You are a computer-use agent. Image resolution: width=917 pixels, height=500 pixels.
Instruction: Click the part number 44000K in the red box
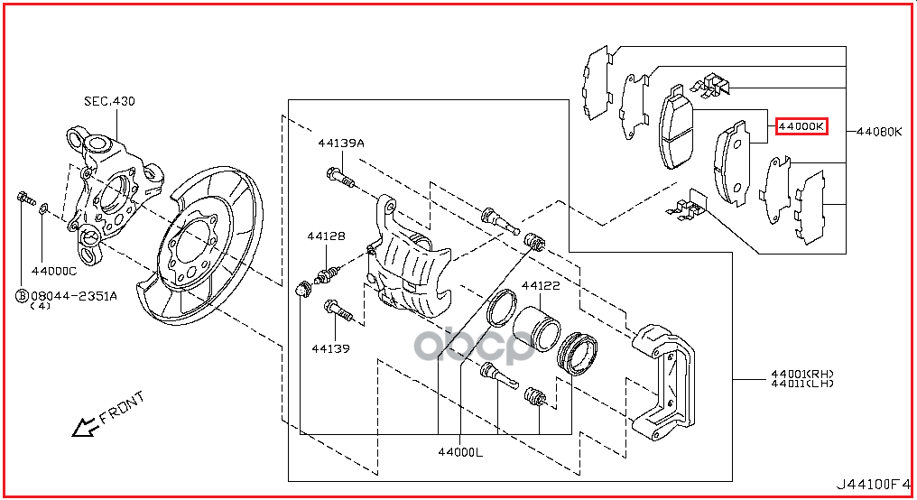[x=801, y=127]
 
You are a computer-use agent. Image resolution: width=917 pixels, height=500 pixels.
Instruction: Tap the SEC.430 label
[x=109, y=101]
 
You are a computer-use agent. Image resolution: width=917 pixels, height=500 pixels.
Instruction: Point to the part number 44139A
[x=340, y=143]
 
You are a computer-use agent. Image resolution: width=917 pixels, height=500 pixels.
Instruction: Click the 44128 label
[x=325, y=236]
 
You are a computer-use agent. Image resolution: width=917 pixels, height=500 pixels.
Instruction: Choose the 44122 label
[x=541, y=286]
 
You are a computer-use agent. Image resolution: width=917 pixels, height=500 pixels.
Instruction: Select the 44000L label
[x=460, y=452]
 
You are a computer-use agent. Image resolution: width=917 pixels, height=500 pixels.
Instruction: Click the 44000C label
[x=53, y=270]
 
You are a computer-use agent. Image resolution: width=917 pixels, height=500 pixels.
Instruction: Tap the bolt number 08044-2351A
[x=73, y=295]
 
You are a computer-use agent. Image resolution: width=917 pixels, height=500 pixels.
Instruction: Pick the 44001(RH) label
[x=801, y=373]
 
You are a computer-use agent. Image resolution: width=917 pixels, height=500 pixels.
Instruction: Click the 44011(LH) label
[x=801, y=384]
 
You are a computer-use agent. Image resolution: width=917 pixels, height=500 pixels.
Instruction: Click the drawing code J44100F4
[x=870, y=484]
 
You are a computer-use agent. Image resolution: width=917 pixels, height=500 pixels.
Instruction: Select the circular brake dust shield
[x=199, y=249]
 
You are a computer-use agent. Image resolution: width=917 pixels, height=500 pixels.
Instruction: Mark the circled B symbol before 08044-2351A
[x=21, y=295]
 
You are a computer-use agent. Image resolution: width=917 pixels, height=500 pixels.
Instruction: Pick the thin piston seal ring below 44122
[x=502, y=308]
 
